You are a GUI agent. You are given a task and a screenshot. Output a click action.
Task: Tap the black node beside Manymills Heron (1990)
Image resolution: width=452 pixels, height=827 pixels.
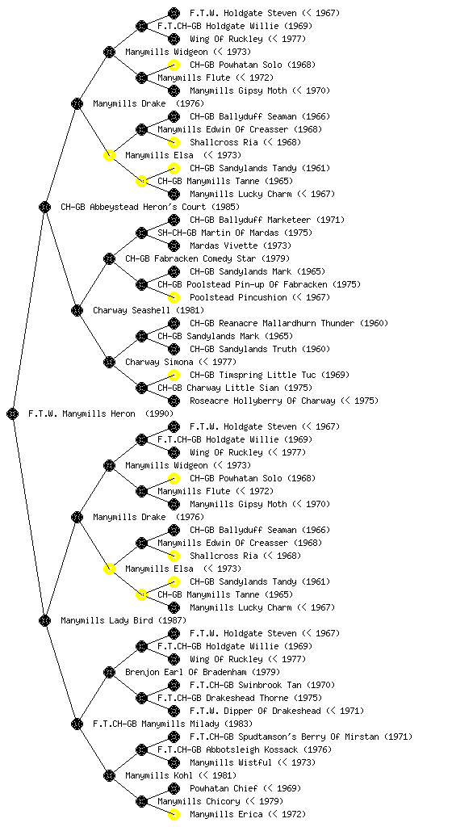coord(13,414)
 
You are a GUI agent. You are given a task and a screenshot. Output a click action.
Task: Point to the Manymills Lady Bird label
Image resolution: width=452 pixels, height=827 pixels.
coord(107,621)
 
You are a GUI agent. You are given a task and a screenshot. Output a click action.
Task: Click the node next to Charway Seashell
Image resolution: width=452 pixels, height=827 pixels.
coord(77,311)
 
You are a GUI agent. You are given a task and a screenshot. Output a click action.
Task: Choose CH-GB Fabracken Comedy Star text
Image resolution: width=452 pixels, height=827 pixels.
coord(190,259)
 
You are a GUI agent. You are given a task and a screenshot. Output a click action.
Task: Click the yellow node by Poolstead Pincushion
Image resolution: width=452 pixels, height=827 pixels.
coord(174,297)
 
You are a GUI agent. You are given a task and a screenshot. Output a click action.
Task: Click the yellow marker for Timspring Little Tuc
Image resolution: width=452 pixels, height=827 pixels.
coord(174,375)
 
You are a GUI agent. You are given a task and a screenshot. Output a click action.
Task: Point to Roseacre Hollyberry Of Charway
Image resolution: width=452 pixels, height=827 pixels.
coord(262,401)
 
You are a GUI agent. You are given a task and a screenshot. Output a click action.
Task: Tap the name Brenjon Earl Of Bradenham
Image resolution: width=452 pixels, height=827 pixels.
coord(186,673)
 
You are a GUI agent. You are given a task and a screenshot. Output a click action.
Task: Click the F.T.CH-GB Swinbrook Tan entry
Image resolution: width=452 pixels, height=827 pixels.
coord(245,685)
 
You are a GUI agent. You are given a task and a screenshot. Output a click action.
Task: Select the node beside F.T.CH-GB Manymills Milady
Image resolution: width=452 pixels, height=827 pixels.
coord(77,724)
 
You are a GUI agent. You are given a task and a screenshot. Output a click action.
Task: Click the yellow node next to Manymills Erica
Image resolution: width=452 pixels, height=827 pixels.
coord(174,814)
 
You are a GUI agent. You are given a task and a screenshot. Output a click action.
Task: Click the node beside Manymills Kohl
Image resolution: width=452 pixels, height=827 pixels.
coord(109,776)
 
